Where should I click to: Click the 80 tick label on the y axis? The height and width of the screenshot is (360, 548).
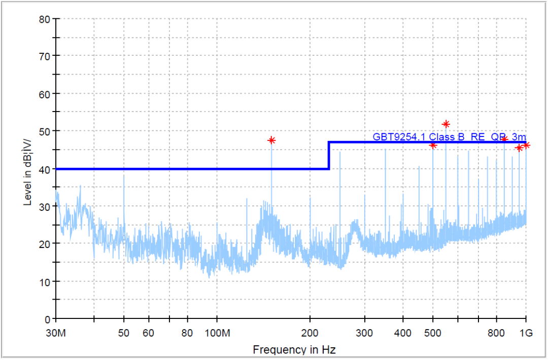coord(45,19)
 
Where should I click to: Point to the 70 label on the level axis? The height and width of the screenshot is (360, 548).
coord(45,55)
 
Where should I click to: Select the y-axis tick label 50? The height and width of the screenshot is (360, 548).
coord(45,131)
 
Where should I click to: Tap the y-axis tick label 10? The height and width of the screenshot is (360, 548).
coord(45,281)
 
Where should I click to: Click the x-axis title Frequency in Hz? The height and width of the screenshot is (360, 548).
coord(294,349)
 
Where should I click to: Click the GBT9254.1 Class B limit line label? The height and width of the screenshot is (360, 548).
coord(449,137)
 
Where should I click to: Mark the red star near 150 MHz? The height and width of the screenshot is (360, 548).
coord(271,140)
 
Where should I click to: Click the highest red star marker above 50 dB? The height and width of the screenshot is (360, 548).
coord(446,124)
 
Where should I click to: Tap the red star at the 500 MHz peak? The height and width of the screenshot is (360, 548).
coord(433,146)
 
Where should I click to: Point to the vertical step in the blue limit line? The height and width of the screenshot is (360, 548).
coord(329,155)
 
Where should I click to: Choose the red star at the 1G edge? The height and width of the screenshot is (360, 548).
coord(526,146)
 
